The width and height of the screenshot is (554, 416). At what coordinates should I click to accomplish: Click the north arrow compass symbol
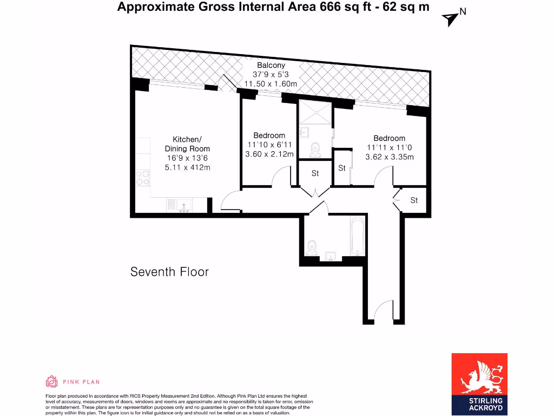451,18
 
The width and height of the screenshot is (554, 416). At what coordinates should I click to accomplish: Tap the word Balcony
271,65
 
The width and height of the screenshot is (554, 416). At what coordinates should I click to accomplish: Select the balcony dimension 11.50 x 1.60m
271,84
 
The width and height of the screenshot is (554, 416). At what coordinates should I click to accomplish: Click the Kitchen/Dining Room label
187,144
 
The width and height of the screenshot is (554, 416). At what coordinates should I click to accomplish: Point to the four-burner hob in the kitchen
143,178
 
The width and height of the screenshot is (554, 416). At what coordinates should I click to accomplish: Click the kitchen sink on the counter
184,205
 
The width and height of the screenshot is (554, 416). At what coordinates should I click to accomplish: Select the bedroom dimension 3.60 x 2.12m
269,154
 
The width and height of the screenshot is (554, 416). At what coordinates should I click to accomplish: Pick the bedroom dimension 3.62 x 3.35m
389,157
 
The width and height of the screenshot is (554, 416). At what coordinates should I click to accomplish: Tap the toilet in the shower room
315,148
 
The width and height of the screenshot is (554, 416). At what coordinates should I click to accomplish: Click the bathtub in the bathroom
358,236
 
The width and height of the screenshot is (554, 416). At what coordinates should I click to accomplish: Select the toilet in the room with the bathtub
312,248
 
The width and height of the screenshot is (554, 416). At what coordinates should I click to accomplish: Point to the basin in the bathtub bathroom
331,255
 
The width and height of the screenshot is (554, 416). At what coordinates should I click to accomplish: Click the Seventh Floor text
169,272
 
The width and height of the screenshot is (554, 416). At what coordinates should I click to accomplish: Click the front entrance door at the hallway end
383,311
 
